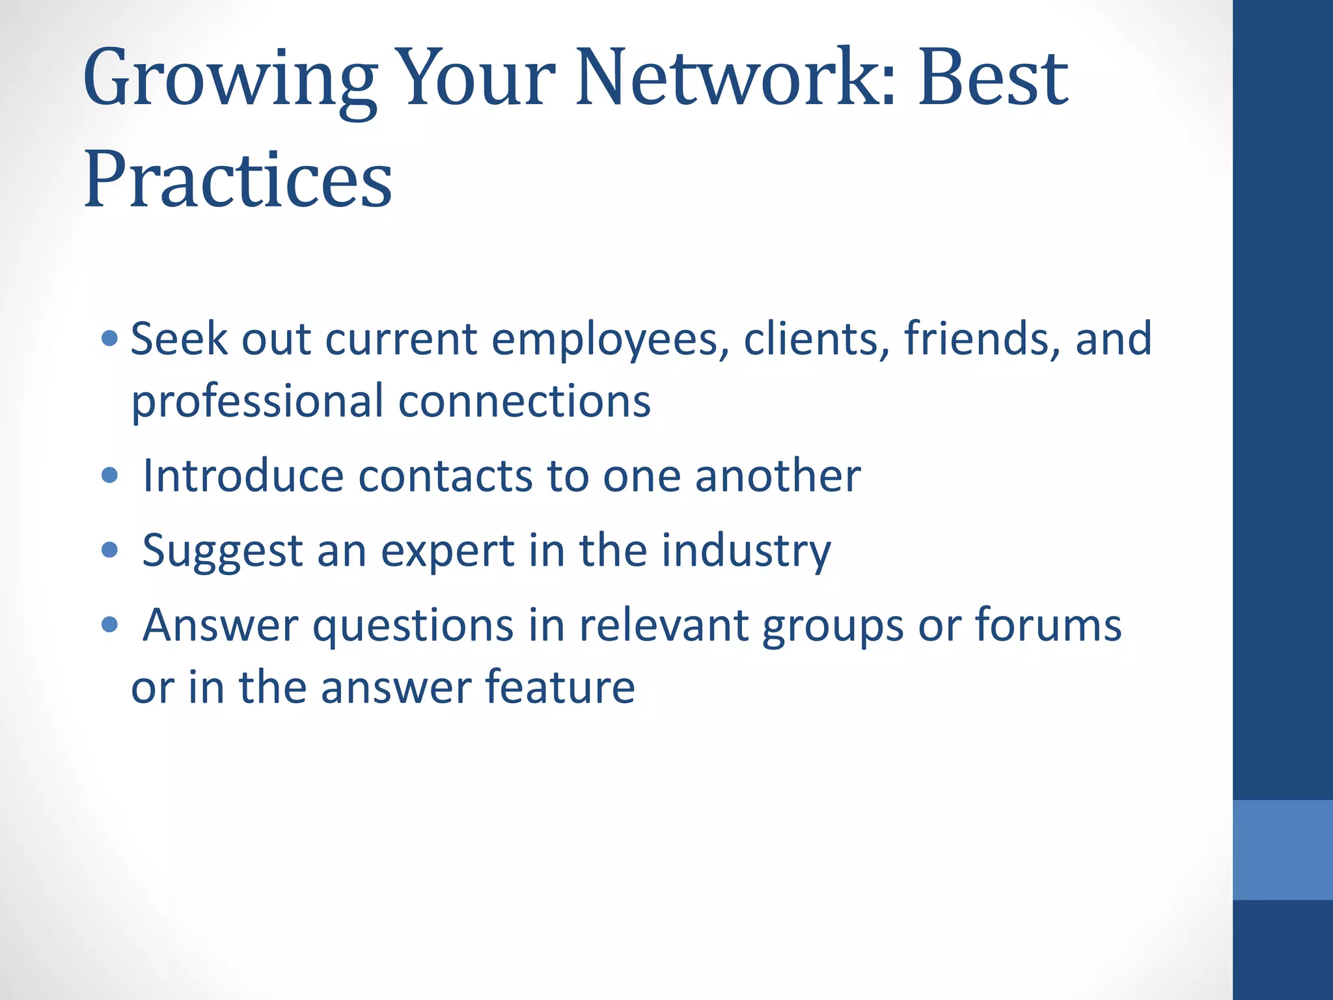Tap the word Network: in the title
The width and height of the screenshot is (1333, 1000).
pyautogui.click(x=735, y=78)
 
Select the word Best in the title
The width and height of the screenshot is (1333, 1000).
pyautogui.click(x=993, y=78)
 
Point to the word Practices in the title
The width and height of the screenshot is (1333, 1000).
pyautogui.click(x=238, y=178)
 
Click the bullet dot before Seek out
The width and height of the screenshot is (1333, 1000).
pyautogui.click(x=110, y=338)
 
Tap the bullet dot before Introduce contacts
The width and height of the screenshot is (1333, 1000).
pyautogui.click(x=110, y=475)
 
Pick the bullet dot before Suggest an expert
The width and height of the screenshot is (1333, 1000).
pyautogui.click(x=110, y=550)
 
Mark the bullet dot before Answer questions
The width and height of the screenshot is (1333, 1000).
pyautogui.click(x=110, y=625)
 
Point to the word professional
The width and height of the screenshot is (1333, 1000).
pyautogui.click(x=257, y=402)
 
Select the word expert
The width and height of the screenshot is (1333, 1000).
pyautogui.click(x=448, y=551)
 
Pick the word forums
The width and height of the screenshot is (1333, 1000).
pyautogui.click(x=1048, y=625)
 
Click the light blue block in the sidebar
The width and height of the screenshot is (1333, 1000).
pyautogui.click(x=1282, y=850)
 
